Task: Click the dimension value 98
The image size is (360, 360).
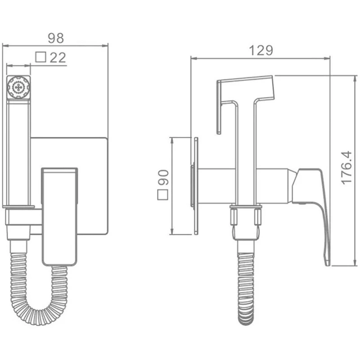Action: [55, 38]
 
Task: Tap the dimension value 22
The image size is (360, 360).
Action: [58, 58]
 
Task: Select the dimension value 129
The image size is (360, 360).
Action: [261, 50]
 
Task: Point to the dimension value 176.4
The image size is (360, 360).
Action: [346, 167]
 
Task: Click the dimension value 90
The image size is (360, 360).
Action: [163, 177]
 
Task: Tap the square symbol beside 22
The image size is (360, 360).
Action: [41, 57]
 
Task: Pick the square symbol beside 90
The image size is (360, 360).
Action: [162, 195]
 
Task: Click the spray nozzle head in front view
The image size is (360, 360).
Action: [18, 87]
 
